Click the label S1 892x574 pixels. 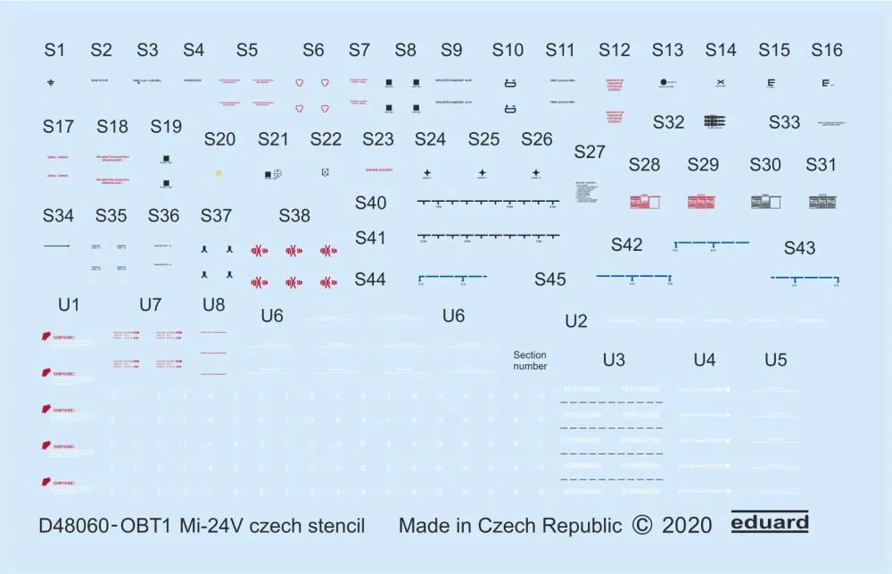pos(54,51)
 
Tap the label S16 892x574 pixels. pos(827,51)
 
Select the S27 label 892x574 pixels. pos(590,153)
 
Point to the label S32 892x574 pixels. pos(668,123)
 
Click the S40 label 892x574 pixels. pos(370,204)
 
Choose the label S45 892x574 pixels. pos(550,280)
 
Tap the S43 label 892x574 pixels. pos(799,249)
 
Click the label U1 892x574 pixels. pos(69,305)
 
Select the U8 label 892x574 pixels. pos(214,305)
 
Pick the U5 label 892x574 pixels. pos(776,361)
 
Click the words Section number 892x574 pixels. pos(530,361)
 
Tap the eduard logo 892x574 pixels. pos(769,523)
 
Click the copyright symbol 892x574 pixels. pos(641,525)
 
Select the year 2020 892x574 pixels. pos(687,525)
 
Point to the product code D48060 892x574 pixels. pos(80,525)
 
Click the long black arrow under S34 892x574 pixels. pos(57,245)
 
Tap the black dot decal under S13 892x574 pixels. pos(663,83)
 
